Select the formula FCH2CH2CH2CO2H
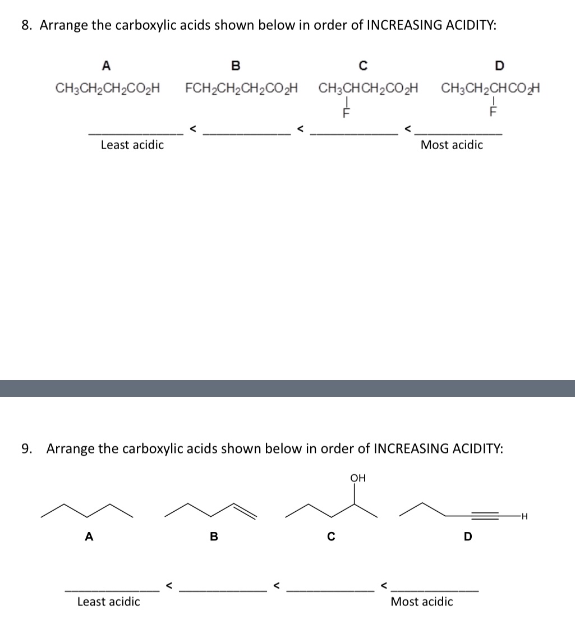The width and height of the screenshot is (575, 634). click(x=241, y=89)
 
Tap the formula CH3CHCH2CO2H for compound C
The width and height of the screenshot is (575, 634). click(x=369, y=89)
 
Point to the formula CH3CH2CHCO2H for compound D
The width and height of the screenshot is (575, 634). click(x=491, y=89)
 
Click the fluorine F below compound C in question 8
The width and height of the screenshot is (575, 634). click(x=346, y=110)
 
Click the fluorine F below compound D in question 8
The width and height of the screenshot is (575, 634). click(x=494, y=110)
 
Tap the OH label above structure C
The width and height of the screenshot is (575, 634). click(x=358, y=478)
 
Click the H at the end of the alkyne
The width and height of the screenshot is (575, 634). click(x=525, y=516)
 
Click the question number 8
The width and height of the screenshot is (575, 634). click(x=26, y=25)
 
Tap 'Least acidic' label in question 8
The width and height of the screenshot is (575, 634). click(x=132, y=145)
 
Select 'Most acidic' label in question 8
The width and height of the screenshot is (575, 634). click(x=452, y=145)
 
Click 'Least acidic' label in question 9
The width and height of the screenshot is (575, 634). click(x=109, y=602)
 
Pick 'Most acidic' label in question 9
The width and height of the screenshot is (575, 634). click(x=422, y=602)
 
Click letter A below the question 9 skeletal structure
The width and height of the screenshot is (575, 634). click(x=88, y=536)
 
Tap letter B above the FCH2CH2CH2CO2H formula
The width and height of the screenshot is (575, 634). click(x=236, y=66)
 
